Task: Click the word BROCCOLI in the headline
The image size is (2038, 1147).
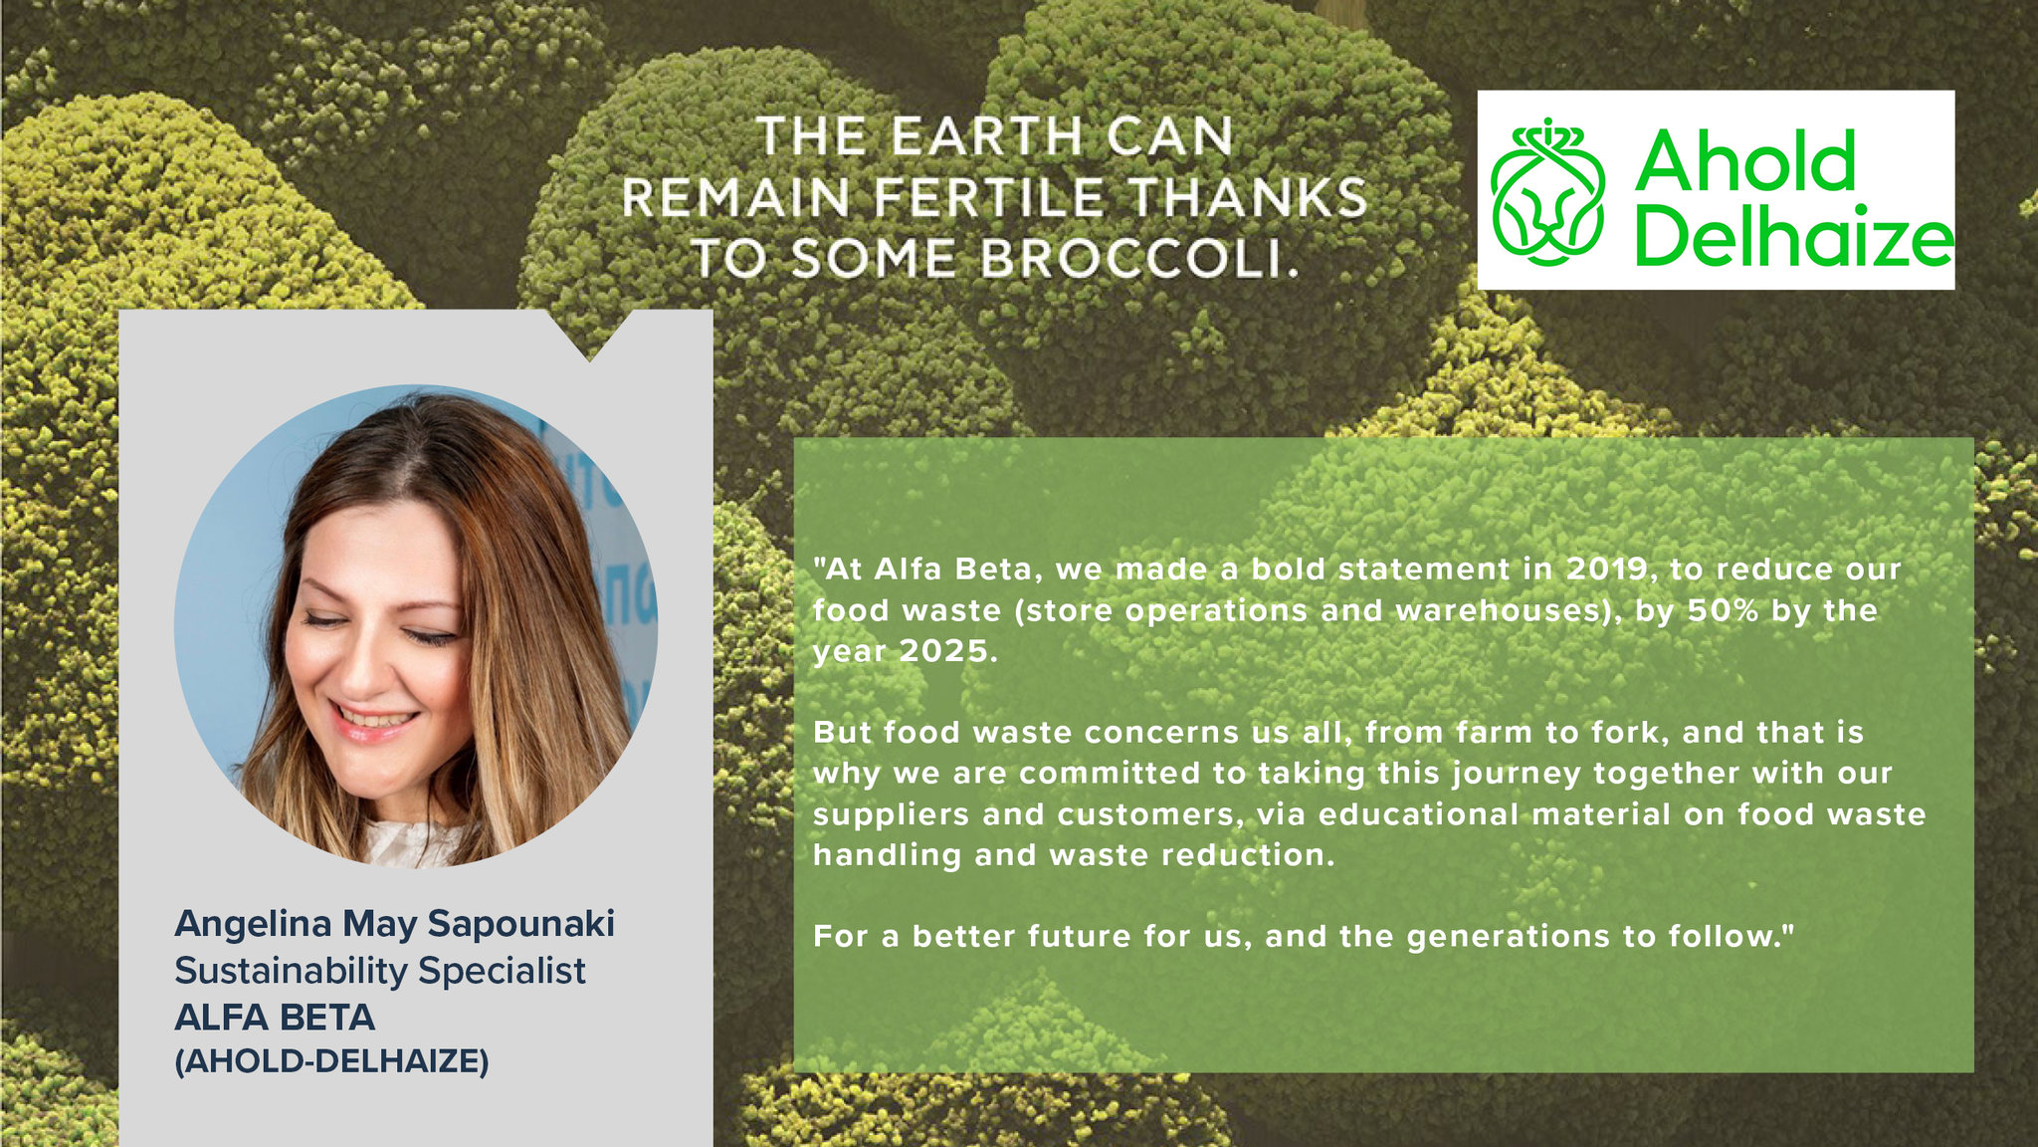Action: tap(1141, 259)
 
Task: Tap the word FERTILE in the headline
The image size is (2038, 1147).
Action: tap(989, 197)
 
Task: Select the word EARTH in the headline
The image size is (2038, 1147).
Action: tap(986, 136)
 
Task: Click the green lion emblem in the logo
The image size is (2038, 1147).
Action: tap(1547, 191)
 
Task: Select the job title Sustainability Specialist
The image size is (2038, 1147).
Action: tap(380, 971)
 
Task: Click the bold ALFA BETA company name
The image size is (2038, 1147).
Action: tap(275, 1018)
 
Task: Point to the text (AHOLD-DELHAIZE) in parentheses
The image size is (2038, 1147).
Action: tap(332, 1061)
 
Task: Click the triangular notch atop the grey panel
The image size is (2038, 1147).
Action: tap(589, 334)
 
